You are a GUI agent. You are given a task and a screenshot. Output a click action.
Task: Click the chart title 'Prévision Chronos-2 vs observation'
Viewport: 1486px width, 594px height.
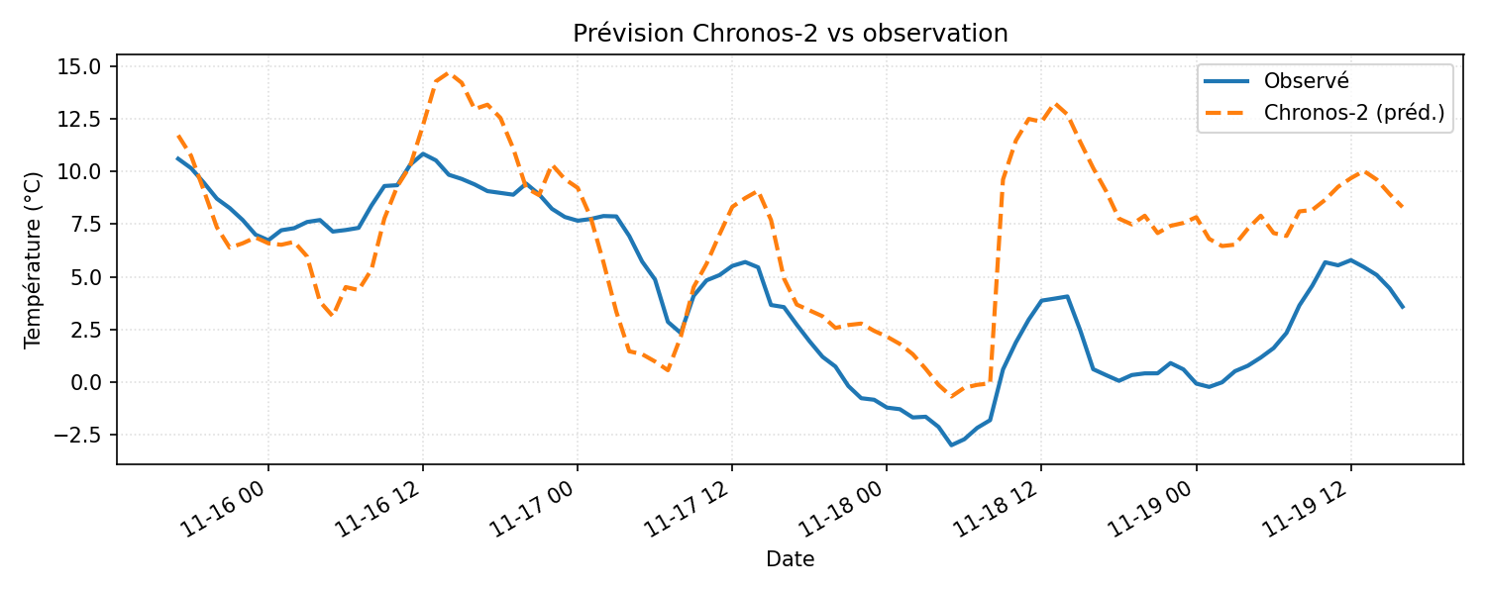790,34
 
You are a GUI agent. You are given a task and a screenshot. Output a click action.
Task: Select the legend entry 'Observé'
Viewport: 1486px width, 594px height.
1306,81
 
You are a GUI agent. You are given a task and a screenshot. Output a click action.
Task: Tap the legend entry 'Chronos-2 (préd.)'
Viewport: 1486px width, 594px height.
1353,114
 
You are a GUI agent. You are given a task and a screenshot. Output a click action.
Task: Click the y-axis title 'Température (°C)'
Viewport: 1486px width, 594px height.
34,259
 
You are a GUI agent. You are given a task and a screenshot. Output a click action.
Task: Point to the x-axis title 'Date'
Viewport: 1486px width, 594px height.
790,560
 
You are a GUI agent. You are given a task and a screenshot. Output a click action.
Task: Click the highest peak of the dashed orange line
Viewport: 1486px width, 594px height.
447,72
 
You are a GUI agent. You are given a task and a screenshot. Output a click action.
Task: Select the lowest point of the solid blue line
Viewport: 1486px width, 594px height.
951,445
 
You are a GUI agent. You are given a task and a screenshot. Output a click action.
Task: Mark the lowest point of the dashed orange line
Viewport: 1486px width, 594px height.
951,397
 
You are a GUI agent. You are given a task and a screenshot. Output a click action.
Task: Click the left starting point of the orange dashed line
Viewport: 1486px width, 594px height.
178,136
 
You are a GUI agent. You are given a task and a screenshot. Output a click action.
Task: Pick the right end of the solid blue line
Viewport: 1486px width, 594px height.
1403,307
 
